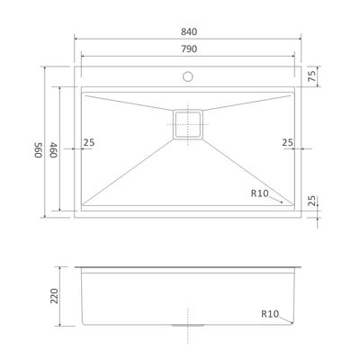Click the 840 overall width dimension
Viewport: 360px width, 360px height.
coord(189,31)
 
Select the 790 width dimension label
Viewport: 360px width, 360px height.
coord(189,49)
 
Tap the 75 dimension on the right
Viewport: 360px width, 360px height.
coord(311,76)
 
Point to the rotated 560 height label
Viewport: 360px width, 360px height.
coord(38,149)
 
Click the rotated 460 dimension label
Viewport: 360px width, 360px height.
coord(53,149)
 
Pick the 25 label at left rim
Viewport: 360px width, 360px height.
coord(89,142)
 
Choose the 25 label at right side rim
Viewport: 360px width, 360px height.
coord(287,142)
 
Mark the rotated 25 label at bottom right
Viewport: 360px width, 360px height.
coord(311,201)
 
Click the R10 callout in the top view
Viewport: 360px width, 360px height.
coord(260,193)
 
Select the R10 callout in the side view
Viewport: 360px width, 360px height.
coord(270,314)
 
